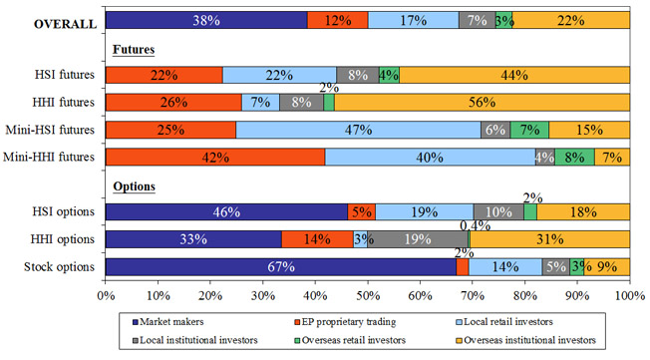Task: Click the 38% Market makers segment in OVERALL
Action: [206, 20]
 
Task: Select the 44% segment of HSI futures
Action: [514, 75]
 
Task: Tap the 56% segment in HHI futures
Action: [483, 103]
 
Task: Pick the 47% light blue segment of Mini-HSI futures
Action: [358, 130]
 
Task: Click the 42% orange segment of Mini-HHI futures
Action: [215, 158]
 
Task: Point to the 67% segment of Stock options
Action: [281, 266]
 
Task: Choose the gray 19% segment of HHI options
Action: [418, 239]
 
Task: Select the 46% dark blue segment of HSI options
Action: [226, 212]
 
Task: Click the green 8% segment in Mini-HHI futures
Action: [575, 158]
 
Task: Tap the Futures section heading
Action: [134, 49]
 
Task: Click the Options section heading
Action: [134, 186]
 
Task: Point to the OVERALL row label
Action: [65, 24]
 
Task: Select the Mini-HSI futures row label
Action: [50, 130]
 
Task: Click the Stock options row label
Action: [59, 266]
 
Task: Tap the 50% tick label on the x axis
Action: [368, 296]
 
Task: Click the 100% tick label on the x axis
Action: [630, 296]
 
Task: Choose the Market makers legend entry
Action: [167, 322]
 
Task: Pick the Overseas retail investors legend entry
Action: [350, 340]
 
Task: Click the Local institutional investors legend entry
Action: [194, 340]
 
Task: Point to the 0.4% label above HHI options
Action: [476, 226]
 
